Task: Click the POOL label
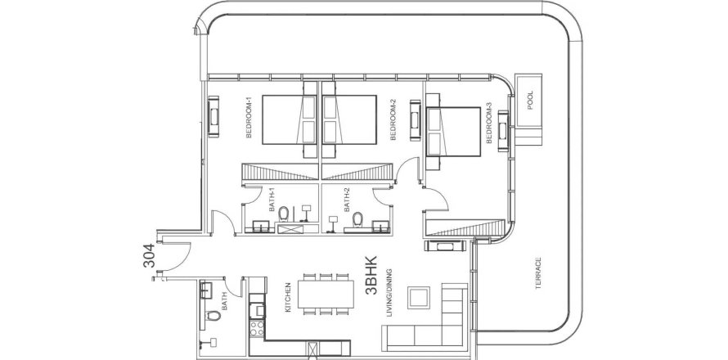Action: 530,100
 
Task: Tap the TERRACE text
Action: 538,273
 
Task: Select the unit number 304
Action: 149,255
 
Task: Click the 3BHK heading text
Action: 371,276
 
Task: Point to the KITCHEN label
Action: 288,297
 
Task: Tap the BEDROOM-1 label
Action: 249,120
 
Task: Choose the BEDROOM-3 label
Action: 489,124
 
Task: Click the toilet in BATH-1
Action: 284,214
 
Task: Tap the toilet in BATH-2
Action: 357,218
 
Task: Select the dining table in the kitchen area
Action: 326,294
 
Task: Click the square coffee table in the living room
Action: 419,297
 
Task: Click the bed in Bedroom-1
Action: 290,119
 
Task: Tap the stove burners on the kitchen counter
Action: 257,328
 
